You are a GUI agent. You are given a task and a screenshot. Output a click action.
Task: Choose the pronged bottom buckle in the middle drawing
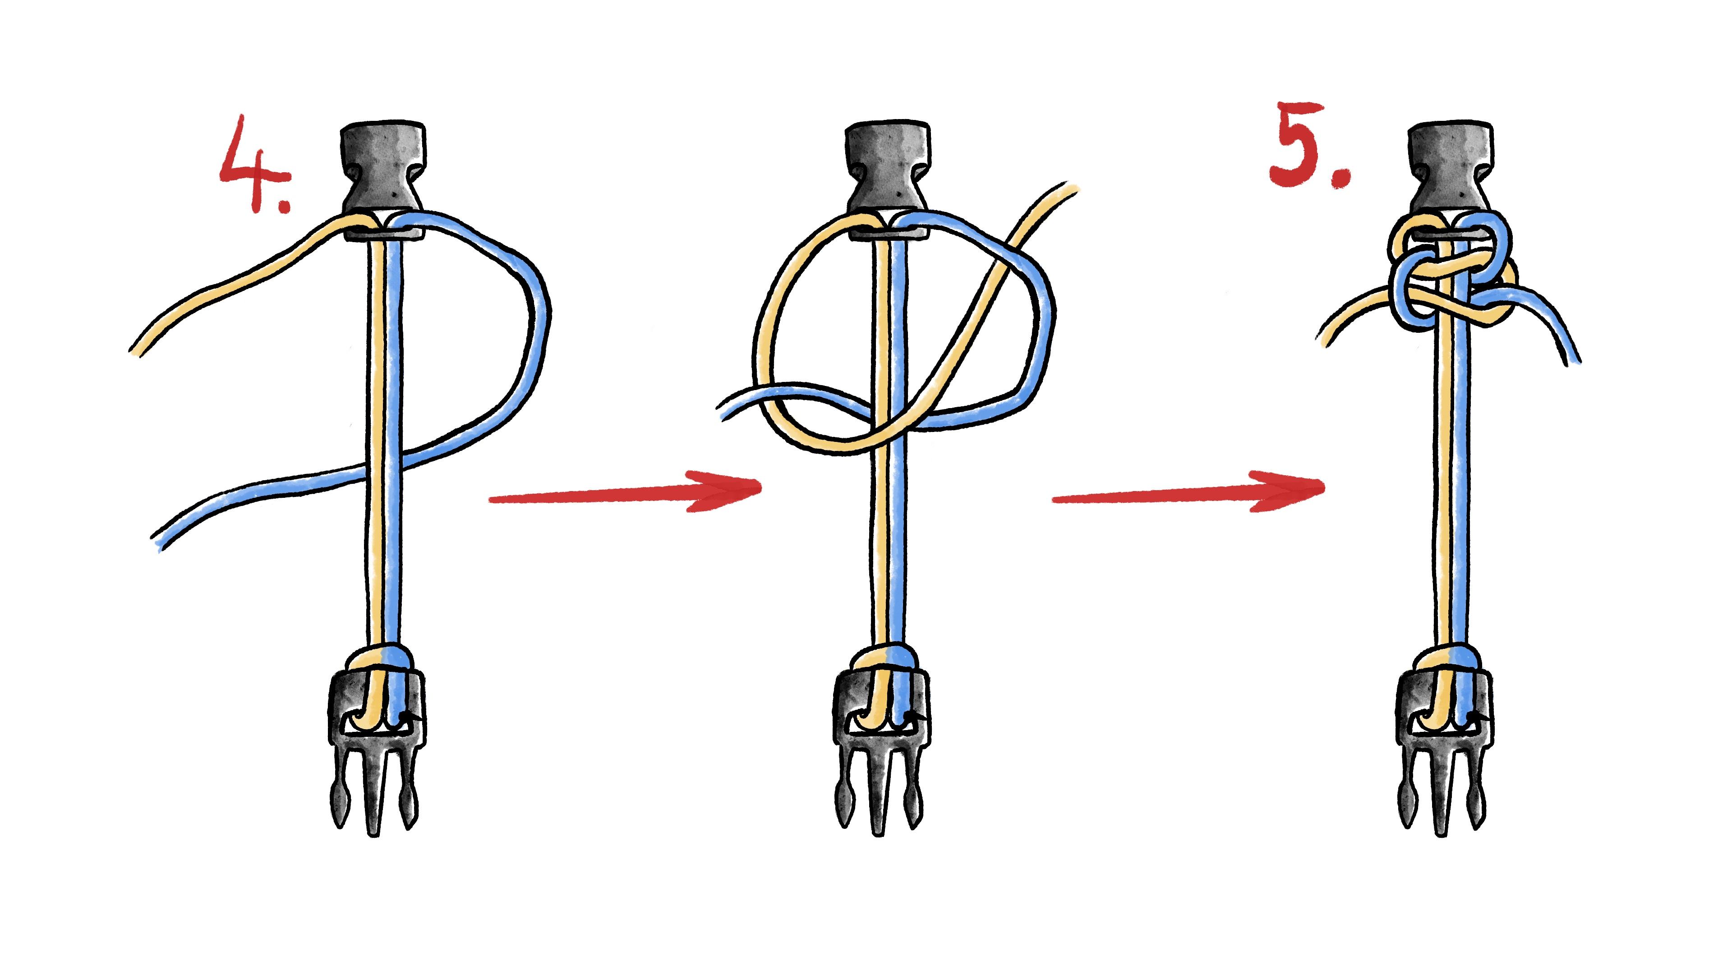point(879,753)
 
